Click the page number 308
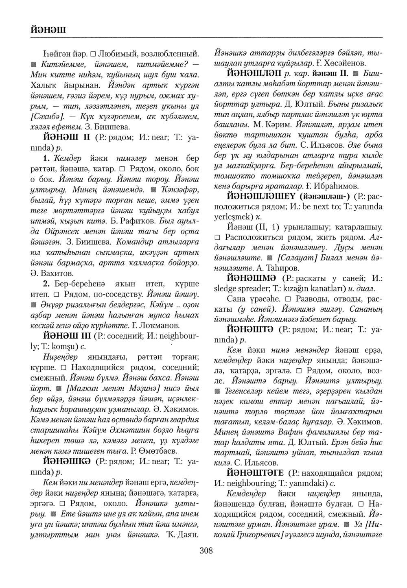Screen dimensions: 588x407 (x=206, y=551)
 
